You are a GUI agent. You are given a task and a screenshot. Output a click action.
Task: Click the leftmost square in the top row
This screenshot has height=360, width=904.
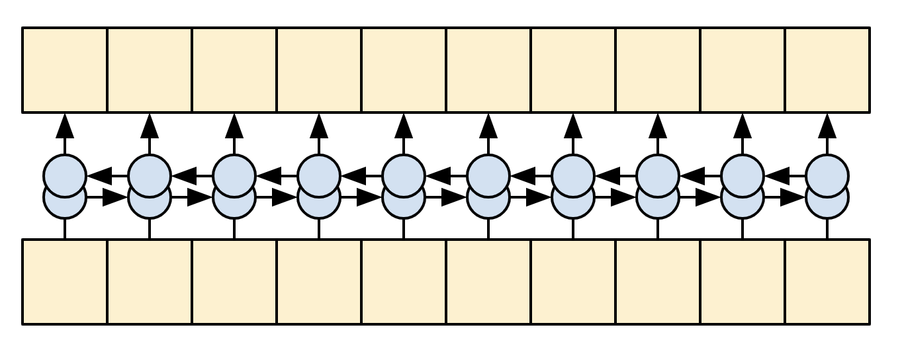pyautogui.click(x=65, y=70)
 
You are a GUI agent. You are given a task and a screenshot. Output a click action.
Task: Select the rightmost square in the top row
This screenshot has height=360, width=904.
pyautogui.click(x=827, y=70)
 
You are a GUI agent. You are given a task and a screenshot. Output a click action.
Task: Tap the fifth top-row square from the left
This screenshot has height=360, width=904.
pyautogui.click(x=404, y=70)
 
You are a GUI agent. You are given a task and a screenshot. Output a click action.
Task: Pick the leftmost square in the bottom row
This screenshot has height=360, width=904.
pyautogui.click(x=65, y=281)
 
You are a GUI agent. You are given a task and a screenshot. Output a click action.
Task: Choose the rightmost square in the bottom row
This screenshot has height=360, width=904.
pyautogui.click(x=827, y=281)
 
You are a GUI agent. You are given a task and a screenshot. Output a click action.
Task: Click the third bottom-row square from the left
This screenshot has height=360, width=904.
pyautogui.click(x=234, y=281)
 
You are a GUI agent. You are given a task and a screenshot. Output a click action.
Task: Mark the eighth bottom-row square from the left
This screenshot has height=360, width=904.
pyautogui.click(x=658, y=281)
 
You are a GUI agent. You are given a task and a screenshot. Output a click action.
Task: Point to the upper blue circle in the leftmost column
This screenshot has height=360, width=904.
pyautogui.click(x=65, y=175)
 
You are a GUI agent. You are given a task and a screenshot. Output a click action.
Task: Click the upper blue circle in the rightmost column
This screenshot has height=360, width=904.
pyautogui.click(x=827, y=175)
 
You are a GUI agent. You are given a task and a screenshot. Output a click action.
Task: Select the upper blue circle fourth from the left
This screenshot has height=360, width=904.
pyautogui.click(x=319, y=175)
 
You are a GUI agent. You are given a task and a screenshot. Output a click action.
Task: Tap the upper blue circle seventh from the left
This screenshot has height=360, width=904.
pyautogui.click(x=573, y=175)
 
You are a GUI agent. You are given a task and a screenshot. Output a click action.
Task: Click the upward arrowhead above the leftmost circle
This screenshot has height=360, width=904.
pyautogui.click(x=65, y=125)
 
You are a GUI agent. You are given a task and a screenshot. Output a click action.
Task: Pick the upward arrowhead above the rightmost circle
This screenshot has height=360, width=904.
pyautogui.click(x=827, y=125)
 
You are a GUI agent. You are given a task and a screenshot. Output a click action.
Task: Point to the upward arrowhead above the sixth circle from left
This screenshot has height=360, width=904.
pyautogui.click(x=488, y=125)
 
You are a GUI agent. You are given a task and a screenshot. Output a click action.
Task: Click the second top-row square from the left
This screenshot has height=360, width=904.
pyautogui.click(x=150, y=70)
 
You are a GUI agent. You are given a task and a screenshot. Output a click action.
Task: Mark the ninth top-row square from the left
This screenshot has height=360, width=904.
pyautogui.click(x=743, y=70)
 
